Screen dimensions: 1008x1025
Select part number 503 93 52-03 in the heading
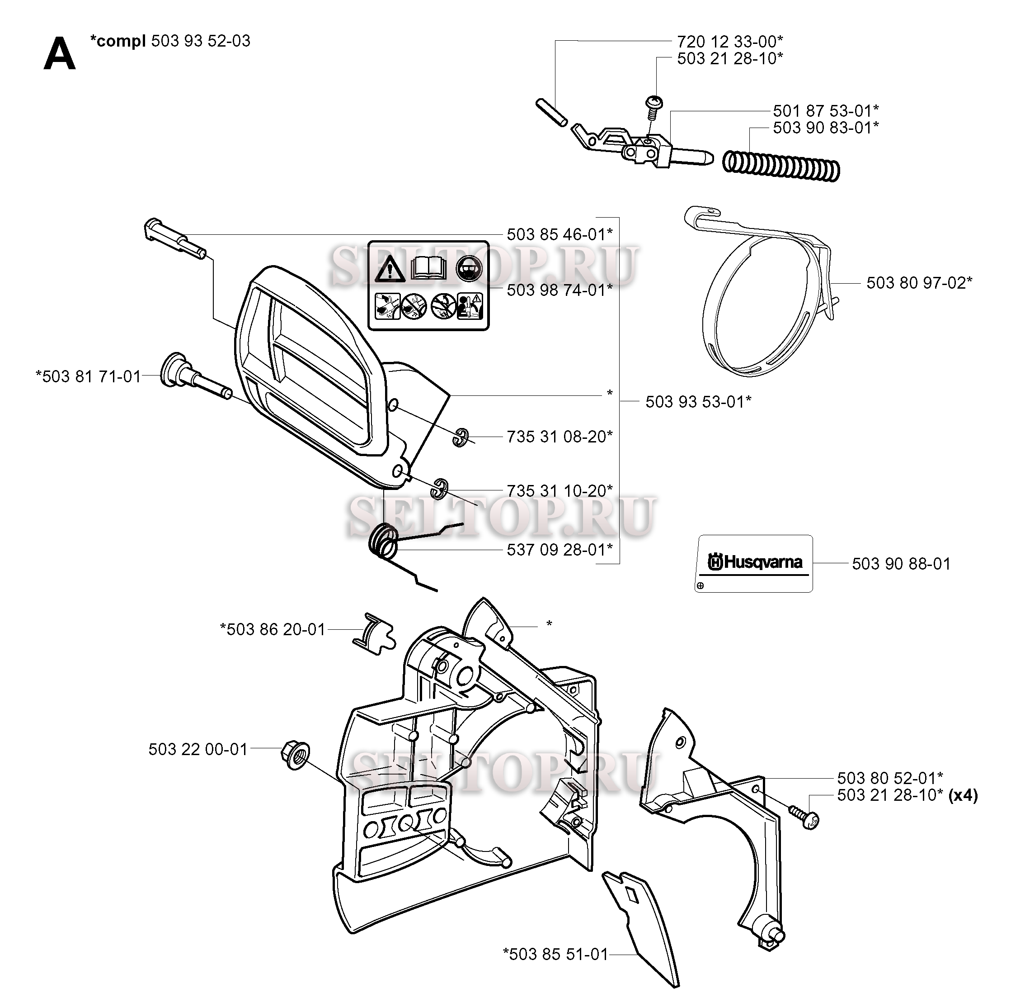(201, 41)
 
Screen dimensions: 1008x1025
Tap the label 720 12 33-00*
(729, 41)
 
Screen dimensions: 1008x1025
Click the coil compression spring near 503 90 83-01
(781, 165)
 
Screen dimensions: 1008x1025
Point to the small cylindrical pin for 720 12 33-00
(551, 112)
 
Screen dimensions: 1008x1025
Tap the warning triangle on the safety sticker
(390, 268)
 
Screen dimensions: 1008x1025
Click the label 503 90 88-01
(901, 564)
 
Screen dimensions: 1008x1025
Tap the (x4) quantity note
(963, 795)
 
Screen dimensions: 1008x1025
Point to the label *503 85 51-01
(555, 954)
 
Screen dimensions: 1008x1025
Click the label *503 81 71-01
(88, 376)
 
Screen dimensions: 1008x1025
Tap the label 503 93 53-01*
(698, 401)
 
